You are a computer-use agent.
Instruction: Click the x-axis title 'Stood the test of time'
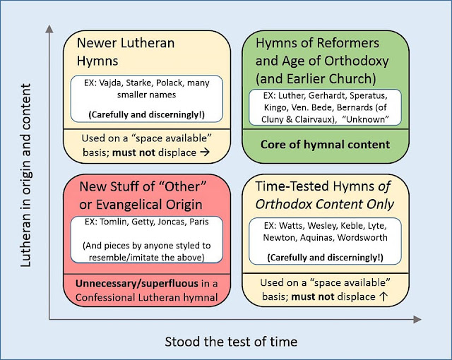tap(231, 342)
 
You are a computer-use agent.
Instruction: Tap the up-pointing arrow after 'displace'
tap(382, 296)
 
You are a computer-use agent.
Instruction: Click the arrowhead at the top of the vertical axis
tap(49, 29)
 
